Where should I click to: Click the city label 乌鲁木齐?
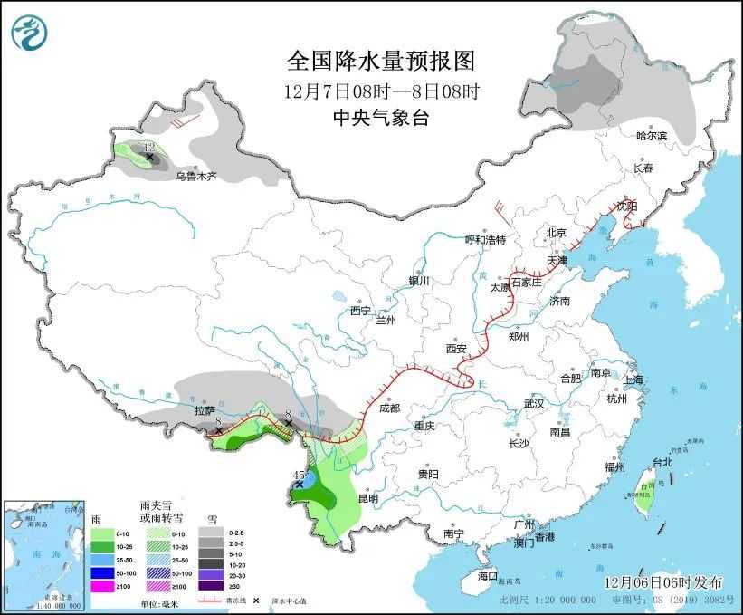(x=196, y=177)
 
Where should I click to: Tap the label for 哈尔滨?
(x=651, y=136)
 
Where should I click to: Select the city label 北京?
(x=556, y=233)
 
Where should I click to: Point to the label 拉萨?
(x=205, y=411)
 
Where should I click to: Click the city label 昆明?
(x=367, y=498)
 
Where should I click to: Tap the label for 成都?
(x=390, y=408)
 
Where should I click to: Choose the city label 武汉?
(x=534, y=403)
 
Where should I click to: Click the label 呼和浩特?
(x=485, y=240)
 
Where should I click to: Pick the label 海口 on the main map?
(x=488, y=576)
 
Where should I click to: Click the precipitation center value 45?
(x=300, y=475)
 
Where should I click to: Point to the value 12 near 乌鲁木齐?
(x=149, y=147)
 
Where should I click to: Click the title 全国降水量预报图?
(x=381, y=62)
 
